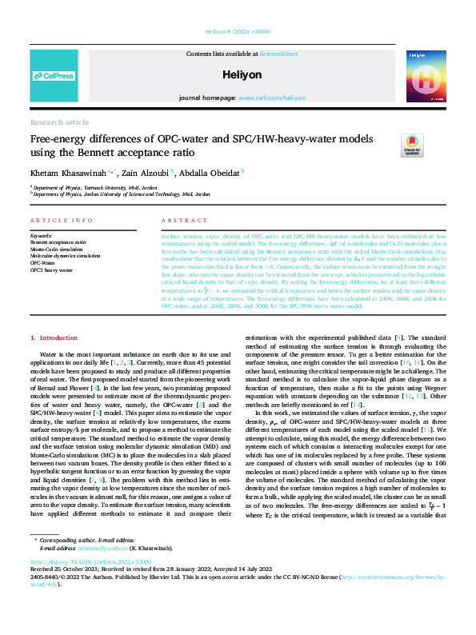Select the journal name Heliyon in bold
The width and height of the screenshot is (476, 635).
tap(237, 74)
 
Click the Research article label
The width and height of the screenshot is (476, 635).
tap(59, 122)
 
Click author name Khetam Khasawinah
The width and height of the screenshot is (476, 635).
tap(61, 172)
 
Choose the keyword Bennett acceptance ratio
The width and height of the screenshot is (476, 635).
tap(58, 241)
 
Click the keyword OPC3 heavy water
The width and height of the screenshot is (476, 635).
tap(51, 270)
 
